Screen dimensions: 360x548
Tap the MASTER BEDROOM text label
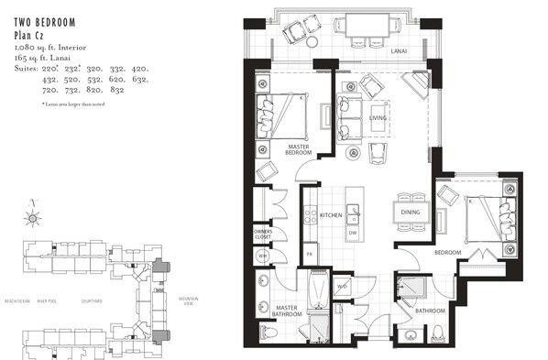pyautogui.click(x=301, y=149)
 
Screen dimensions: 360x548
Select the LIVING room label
pyautogui.click(x=378, y=117)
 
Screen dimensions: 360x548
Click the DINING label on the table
pyautogui.click(x=410, y=213)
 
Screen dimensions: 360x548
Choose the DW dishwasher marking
pyautogui.click(x=353, y=233)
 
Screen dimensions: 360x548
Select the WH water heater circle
pyautogui.click(x=261, y=256)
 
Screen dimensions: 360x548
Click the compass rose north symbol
pyautogui.click(x=34, y=217)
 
